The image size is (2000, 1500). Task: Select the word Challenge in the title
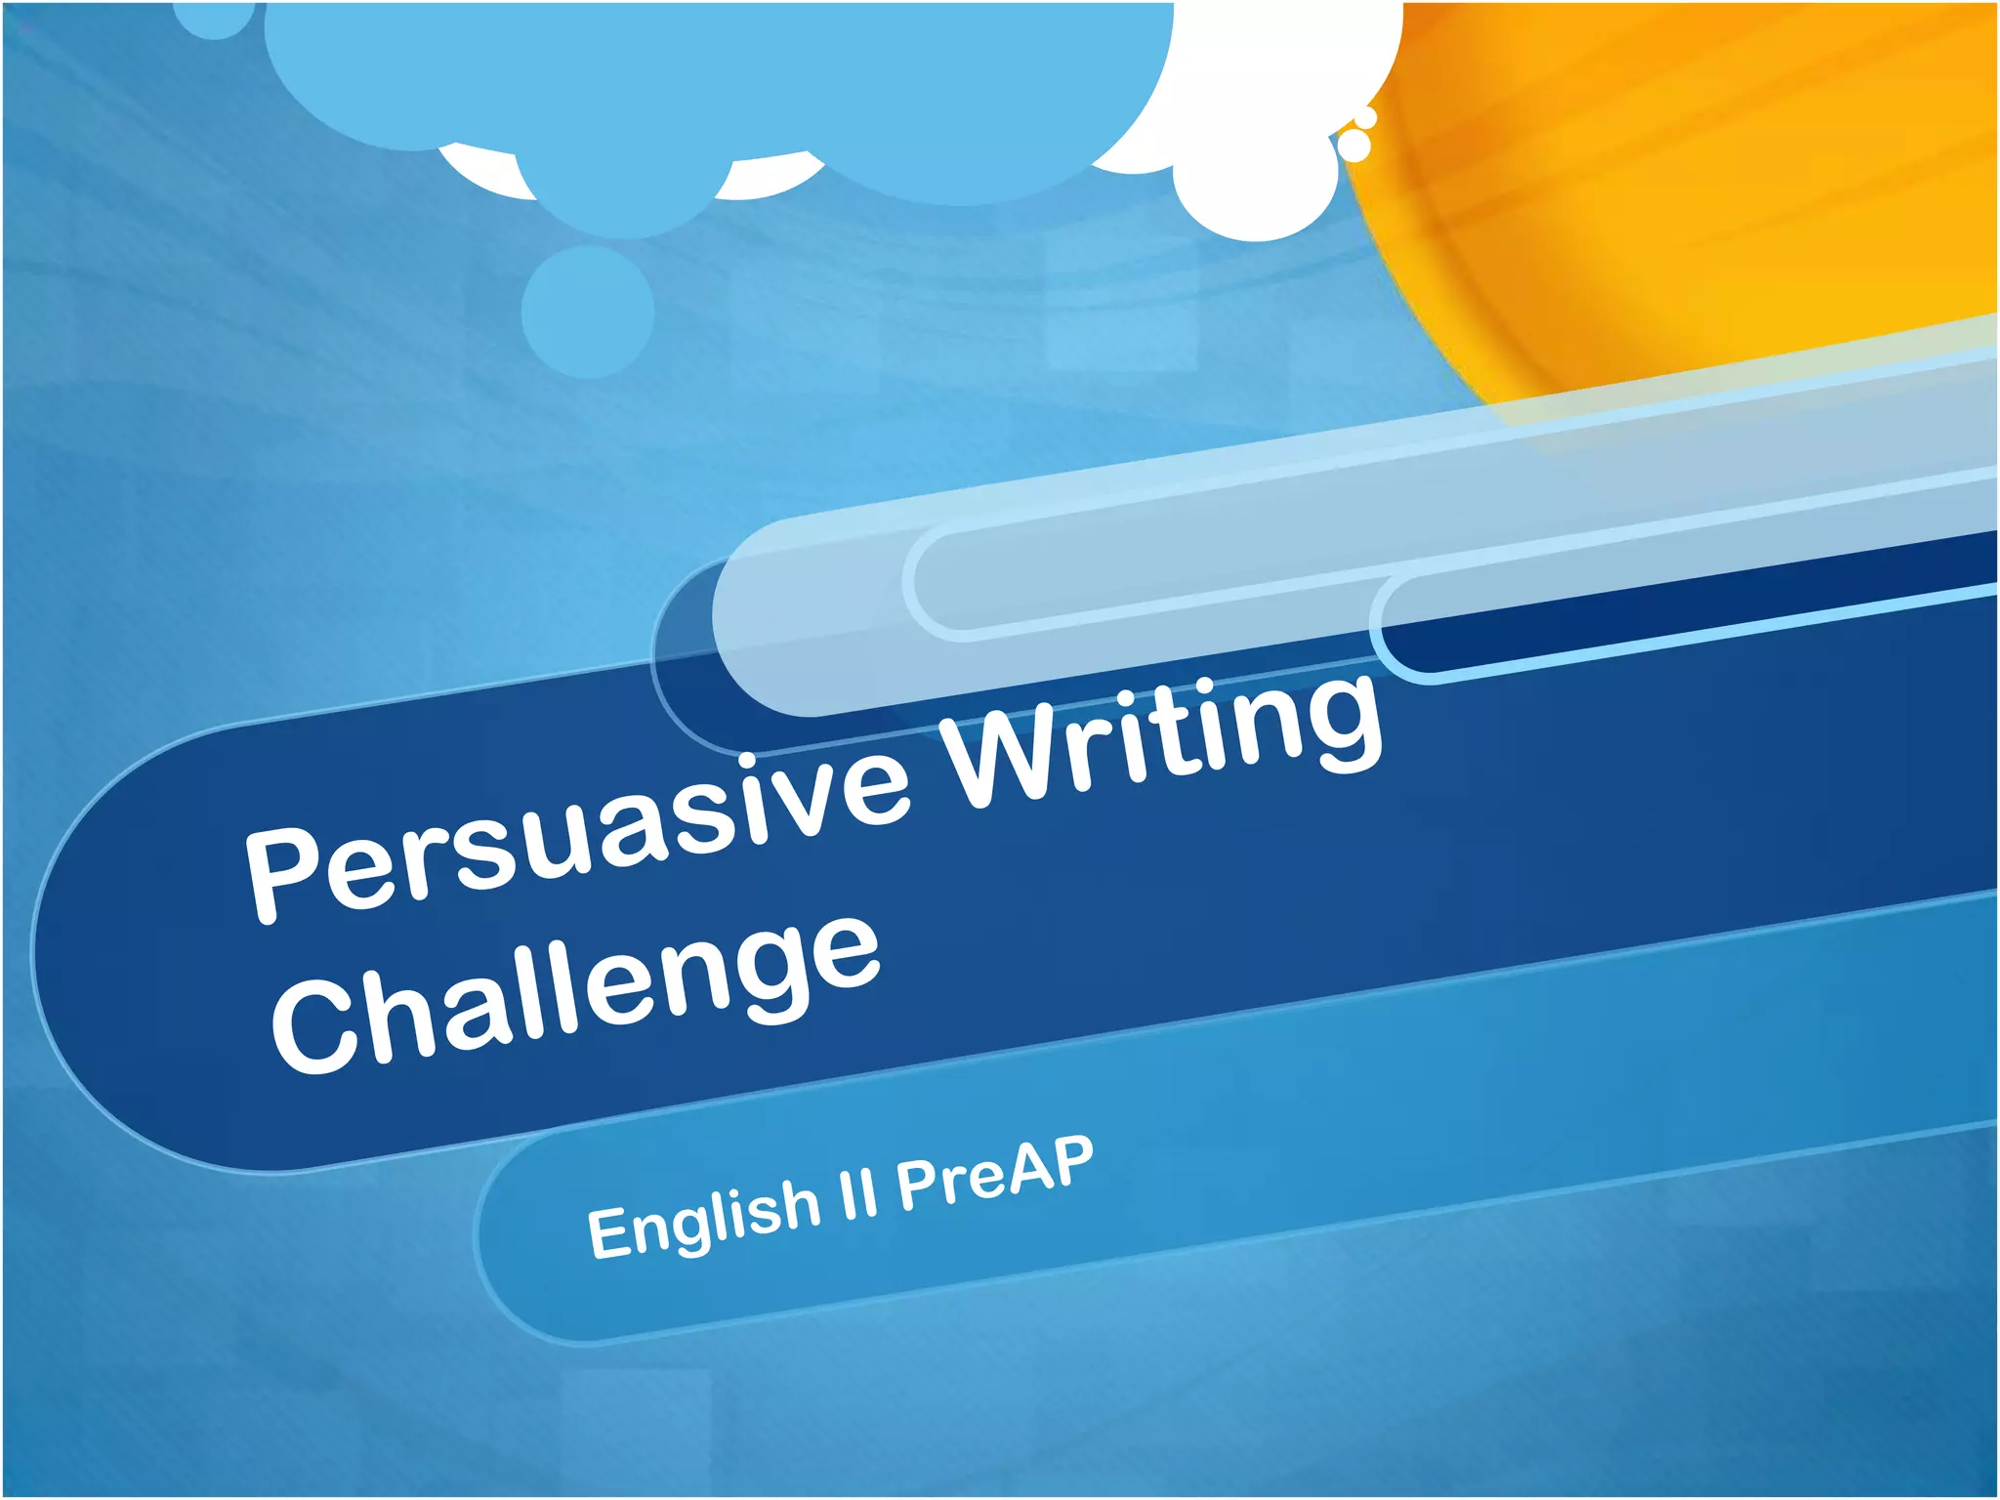tap(576, 996)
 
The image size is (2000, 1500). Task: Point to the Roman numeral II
tap(858, 1193)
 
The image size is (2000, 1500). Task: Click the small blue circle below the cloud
tap(587, 311)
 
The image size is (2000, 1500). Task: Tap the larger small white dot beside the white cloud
tap(1354, 146)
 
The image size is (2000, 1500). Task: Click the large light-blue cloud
tap(723, 88)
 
